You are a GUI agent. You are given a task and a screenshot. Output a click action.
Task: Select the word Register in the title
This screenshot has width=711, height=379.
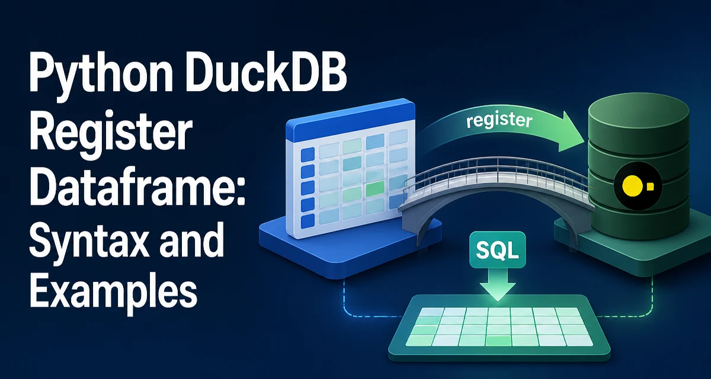coord(111,133)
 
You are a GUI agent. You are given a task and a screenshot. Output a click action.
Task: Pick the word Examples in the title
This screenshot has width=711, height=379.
coord(113,293)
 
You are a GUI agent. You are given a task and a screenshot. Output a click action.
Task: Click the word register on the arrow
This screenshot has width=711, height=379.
coord(499,121)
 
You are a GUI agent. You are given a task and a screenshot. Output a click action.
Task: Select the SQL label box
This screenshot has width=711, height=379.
coord(497,249)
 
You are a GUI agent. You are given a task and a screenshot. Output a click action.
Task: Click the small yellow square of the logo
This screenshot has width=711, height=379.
coord(651,186)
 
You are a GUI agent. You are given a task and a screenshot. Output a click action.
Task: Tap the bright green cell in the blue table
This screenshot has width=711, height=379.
coord(375,189)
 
